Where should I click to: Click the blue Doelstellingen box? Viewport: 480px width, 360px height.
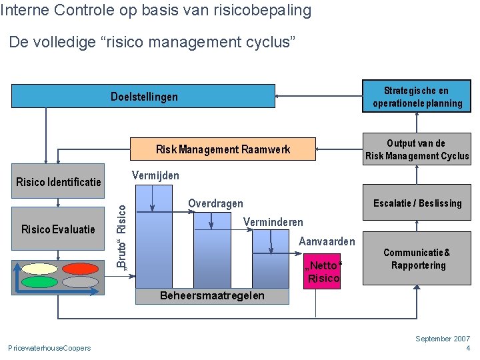click(143, 96)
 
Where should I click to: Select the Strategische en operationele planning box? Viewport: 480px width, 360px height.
click(417, 97)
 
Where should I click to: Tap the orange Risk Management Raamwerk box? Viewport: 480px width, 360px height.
click(222, 149)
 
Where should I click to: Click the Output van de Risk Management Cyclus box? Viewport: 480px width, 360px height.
click(417, 150)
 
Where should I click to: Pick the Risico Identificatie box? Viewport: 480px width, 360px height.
click(58, 181)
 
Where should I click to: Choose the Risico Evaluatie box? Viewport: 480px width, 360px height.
click(58, 229)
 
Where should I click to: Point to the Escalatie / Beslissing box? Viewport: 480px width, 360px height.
click(417, 203)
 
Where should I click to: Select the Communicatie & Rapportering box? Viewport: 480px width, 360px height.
click(417, 259)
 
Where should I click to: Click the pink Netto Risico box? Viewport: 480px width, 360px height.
click(323, 272)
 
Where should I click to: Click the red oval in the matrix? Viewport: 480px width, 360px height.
click(80, 269)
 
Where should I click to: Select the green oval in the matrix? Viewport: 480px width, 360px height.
click(39, 281)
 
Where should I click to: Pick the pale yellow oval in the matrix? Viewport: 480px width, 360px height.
click(39, 269)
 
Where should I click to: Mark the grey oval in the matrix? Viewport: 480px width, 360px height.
click(80, 281)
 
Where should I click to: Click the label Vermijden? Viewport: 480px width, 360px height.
click(155, 175)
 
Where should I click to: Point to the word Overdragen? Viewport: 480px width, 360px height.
click(215, 203)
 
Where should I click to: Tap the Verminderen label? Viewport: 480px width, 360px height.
click(273, 222)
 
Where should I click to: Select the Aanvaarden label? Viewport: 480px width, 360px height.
click(327, 241)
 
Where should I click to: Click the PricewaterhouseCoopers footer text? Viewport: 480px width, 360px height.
click(49, 348)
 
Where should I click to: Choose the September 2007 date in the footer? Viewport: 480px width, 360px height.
click(443, 339)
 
